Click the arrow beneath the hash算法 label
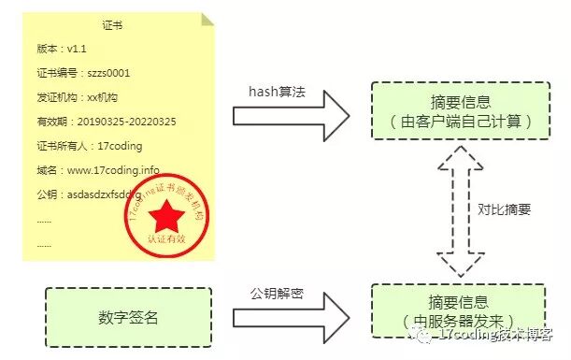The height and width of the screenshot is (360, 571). [290, 117]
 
